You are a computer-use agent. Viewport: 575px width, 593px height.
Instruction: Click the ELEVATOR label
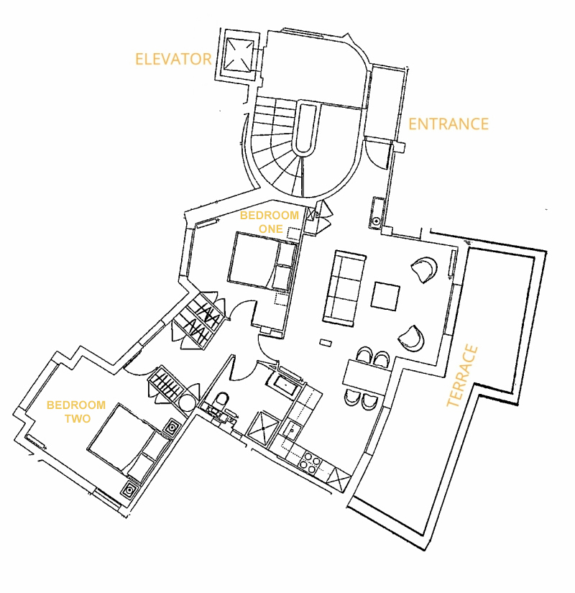coord(173,59)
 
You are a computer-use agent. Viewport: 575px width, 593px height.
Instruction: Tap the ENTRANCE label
coord(448,124)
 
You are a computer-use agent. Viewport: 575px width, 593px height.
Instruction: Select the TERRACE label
coord(463,375)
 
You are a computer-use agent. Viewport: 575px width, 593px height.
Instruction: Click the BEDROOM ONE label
coord(270,222)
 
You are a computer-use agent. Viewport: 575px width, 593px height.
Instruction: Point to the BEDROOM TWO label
coord(76,412)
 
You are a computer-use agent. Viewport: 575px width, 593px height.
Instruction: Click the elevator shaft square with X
coord(239,55)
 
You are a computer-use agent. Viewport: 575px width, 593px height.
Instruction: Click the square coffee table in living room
coord(385,296)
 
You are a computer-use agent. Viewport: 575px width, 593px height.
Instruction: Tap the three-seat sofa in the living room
coord(344,288)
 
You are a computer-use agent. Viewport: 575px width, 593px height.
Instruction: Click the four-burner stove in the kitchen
coord(310,463)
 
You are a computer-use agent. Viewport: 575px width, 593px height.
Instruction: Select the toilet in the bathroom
coord(221,400)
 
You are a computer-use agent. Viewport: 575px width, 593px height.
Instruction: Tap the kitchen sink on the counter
coord(292,430)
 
